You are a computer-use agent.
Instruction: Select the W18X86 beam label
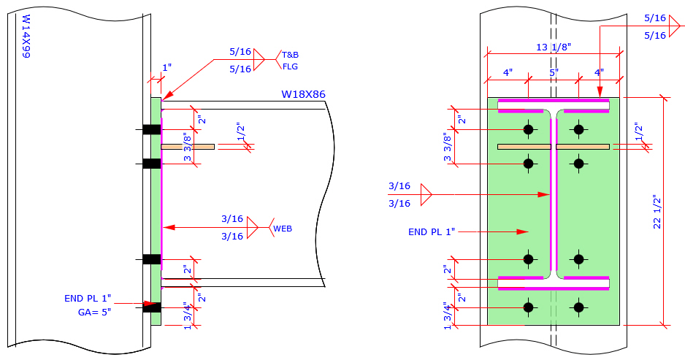303,94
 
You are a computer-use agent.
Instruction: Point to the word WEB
283,229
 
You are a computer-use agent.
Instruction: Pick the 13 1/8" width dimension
552,47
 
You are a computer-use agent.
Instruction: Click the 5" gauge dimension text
554,73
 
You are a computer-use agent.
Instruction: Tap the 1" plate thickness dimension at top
167,67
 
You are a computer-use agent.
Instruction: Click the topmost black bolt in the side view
151,130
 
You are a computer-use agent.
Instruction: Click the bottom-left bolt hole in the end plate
528,307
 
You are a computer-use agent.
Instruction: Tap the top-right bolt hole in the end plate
579,130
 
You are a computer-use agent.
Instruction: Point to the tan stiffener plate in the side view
188,147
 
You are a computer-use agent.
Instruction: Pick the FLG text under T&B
291,66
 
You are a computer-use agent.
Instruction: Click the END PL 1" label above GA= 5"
88,298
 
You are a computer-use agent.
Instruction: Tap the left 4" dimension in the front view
508,73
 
